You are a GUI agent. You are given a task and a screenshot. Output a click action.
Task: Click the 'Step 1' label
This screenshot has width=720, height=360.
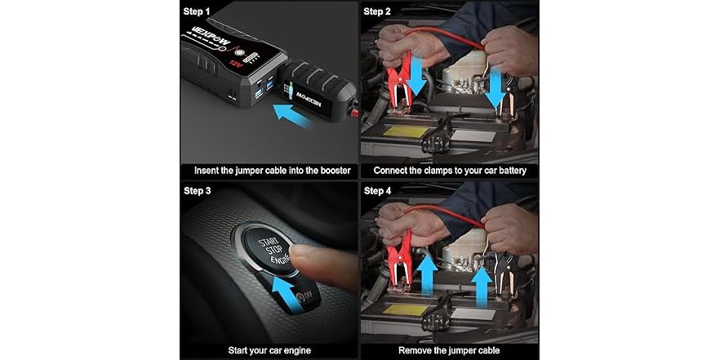(200, 12)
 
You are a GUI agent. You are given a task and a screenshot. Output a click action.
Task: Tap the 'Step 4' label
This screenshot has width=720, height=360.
(378, 190)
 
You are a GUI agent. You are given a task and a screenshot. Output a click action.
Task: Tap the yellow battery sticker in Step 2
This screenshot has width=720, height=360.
(402, 131)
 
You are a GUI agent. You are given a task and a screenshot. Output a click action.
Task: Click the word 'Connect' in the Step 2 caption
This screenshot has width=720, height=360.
(393, 171)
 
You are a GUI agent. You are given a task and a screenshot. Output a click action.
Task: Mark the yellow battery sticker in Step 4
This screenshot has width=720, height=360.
(402, 310)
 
